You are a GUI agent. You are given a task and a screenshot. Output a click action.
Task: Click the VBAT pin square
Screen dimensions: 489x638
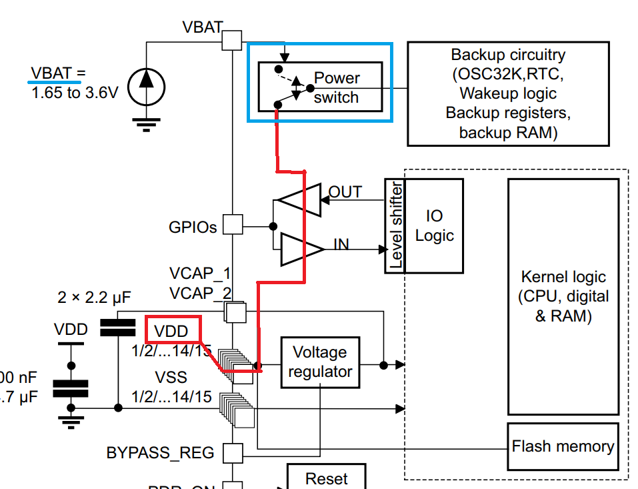[x=231, y=40]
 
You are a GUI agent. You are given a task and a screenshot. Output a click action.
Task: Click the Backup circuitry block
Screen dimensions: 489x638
[x=507, y=93]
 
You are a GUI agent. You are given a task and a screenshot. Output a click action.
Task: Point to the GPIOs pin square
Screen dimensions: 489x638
[x=232, y=225]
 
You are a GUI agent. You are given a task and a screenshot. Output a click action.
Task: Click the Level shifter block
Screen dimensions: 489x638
[x=395, y=225]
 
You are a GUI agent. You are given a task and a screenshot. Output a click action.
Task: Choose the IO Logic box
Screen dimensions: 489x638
[x=434, y=225]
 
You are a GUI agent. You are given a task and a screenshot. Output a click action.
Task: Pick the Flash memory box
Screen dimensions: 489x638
[x=563, y=446]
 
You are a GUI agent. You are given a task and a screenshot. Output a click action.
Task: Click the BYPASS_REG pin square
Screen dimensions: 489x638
[x=232, y=454]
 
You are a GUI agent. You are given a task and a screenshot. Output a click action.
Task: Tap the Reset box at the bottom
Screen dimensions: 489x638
[x=327, y=478]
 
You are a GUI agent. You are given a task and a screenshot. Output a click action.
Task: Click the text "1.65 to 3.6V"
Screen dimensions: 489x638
[x=75, y=92]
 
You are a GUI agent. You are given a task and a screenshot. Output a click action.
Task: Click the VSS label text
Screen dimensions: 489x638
[x=171, y=378]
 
